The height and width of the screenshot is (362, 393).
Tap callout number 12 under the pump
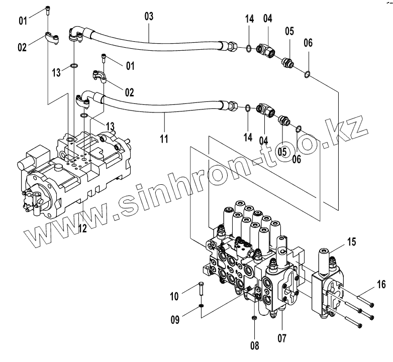click(82, 228)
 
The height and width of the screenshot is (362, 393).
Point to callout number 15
click(352, 242)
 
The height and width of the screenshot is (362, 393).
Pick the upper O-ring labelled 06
click(307, 75)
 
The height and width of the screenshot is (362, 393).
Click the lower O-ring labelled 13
click(84, 116)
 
